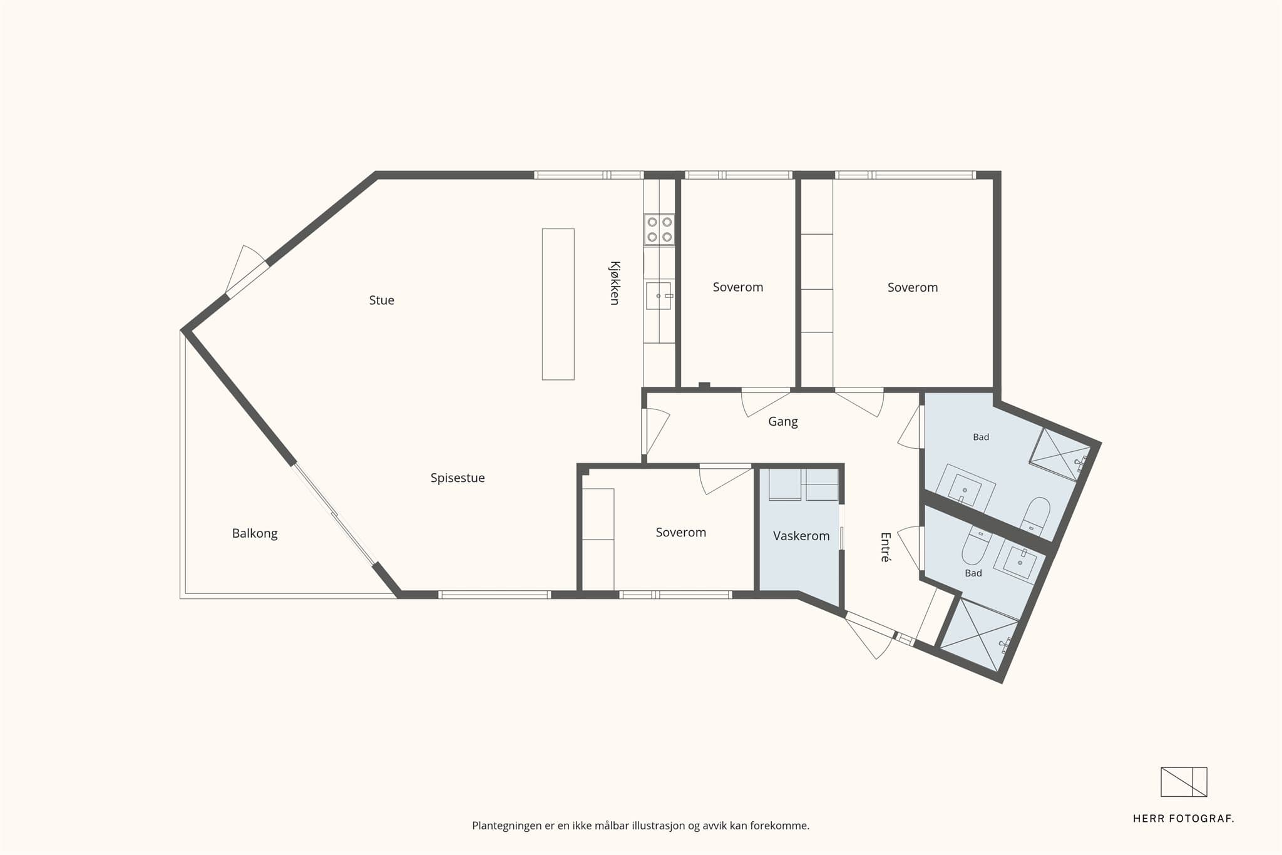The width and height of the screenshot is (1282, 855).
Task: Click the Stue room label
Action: pyautogui.click(x=381, y=300)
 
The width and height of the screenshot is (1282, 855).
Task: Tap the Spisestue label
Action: pyautogui.click(x=458, y=478)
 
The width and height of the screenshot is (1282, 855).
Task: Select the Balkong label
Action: pyautogui.click(x=255, y=534)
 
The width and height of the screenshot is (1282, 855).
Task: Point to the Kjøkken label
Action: pyautogui.click(x=615, y=283)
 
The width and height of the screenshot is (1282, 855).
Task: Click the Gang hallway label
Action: pyautogui.click(x=783, y=422)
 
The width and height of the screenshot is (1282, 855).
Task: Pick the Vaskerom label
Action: pyautogui.click(x=801, y=536)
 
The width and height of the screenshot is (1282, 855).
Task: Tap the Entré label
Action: pyautogui.click(x=885, y=547)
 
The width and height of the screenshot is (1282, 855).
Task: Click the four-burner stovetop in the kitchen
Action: pyautogui.click(x=660, y=229)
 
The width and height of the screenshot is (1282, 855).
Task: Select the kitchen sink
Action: pyautogui.click(x=659, y=295)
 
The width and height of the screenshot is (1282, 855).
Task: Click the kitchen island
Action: pyautogui.click(x=558, y=304)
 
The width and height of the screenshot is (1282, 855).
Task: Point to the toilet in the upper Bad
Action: pyautogui.click(x=1035, y=516)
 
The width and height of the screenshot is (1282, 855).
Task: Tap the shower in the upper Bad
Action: pyautogui.click(x=1060, y=454)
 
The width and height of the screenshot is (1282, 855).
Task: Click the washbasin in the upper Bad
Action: pyautogui.click(x=965, y=488)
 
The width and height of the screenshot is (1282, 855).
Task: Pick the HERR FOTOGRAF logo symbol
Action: pyautogui.click(x=1184, y=782)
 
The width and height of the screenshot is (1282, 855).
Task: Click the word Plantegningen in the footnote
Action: pyautogui.click(x=506, y=826)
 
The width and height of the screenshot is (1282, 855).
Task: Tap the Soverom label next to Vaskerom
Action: pyautogui.click(x=680, y=533)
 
